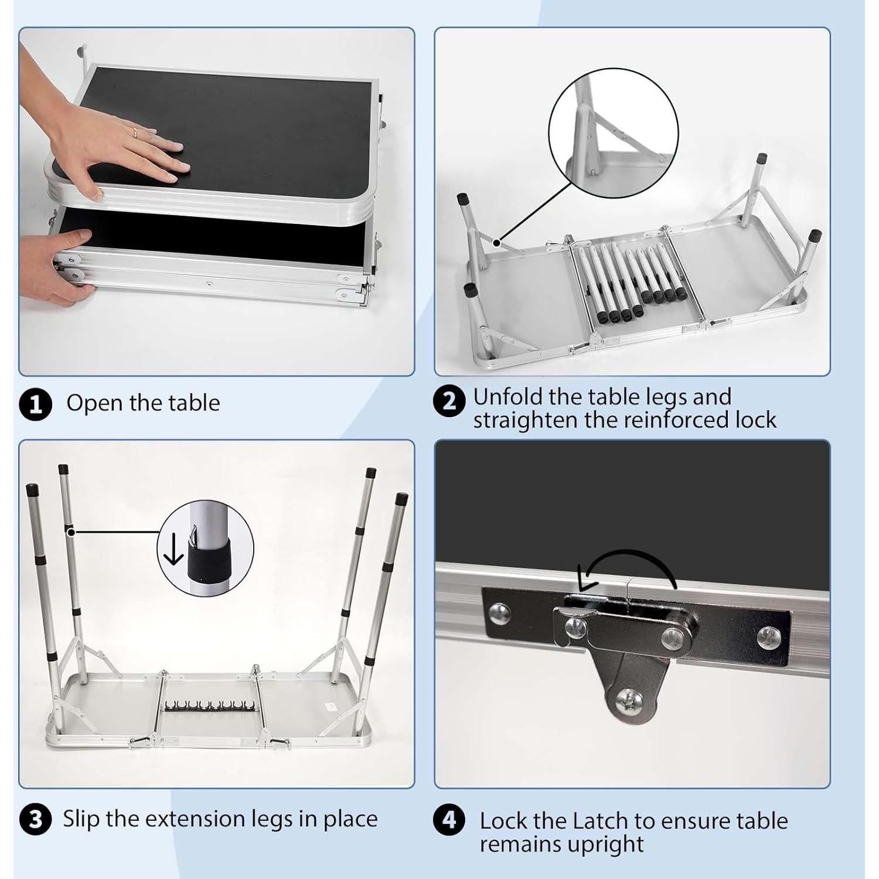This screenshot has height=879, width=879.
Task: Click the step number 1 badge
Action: tap(36, 404)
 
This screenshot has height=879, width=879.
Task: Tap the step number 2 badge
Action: tap(449, 401)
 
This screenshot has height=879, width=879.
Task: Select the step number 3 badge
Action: tap(36, 819)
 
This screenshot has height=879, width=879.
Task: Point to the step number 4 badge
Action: tap(449, 820)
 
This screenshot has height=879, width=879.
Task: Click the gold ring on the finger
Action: tap(135, 133)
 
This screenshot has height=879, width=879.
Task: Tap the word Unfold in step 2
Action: tap(507, 397)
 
